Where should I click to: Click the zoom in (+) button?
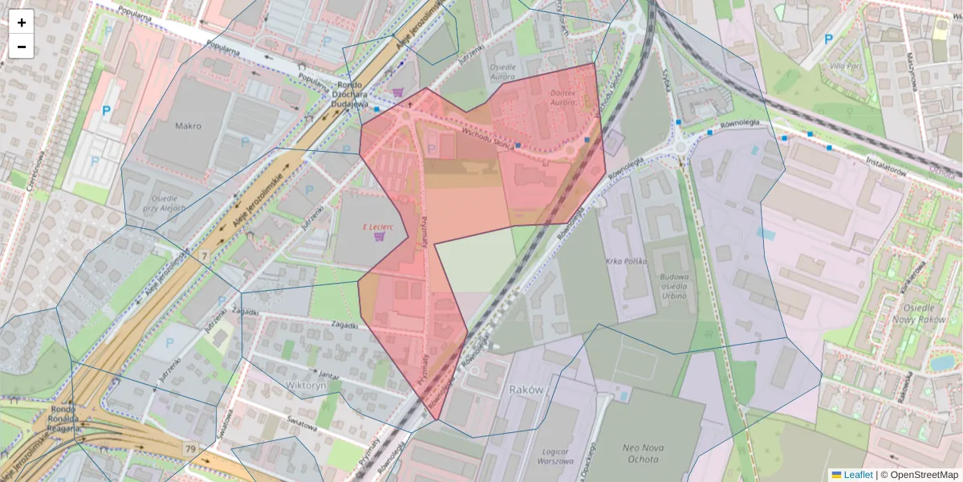[22, 22]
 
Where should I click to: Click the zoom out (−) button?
[22, 47]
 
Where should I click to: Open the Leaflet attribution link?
[858, 475]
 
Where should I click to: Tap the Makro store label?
[188, 126]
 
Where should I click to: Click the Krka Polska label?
[626, 262]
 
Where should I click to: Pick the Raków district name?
[527, 389]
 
